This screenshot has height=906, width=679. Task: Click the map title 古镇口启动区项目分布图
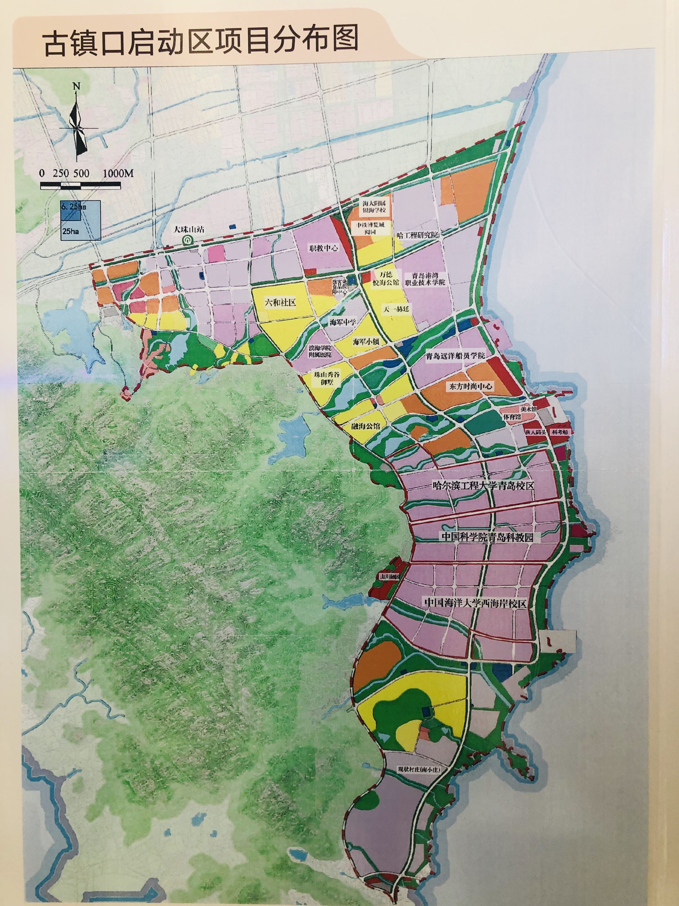[x=201, y=40]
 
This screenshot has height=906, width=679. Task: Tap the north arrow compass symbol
[x=77, y=123]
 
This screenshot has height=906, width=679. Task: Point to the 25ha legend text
[x=71, y=231]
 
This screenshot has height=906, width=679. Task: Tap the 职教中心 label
[x=323, y=248]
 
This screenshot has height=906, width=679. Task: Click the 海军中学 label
[x=343, y=322]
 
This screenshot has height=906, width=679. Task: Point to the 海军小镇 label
[x=366, y=341]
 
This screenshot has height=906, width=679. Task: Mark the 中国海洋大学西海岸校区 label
[x=475, y=602]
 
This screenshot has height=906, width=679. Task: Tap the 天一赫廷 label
[x=396, y=309]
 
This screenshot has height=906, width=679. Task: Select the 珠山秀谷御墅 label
[x=327, y=378]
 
